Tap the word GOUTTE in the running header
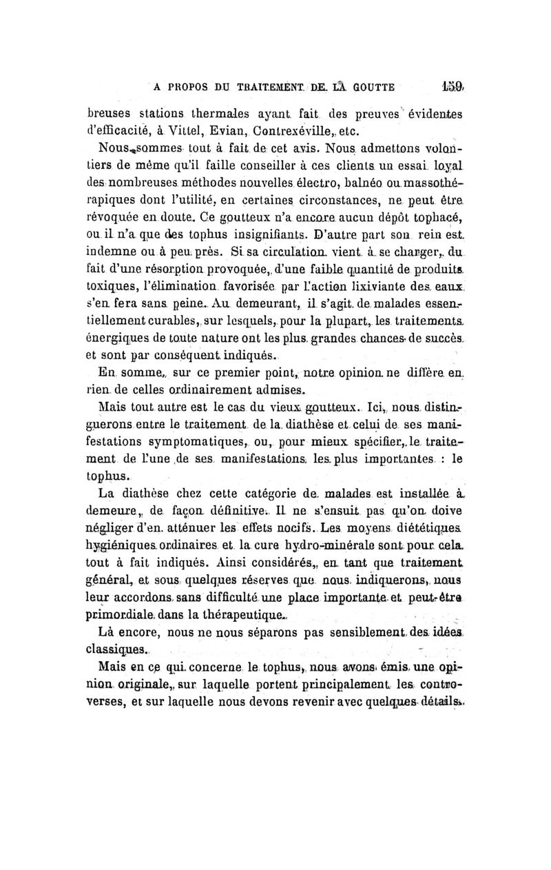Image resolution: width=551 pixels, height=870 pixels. click(367, 88)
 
